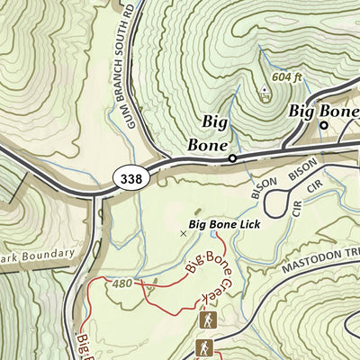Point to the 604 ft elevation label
288,76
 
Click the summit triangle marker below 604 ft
265,89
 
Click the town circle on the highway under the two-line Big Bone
231,158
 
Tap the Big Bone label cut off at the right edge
323,112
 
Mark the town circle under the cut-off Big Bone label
324,126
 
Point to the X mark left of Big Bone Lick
184,232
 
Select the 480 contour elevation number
122,283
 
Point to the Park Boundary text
37,255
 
